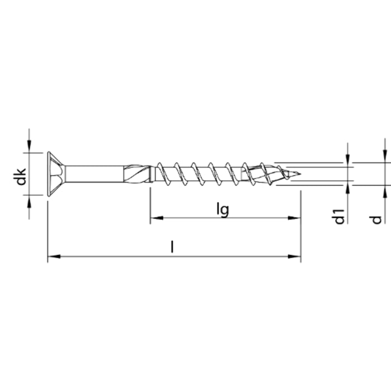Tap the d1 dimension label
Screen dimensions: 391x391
pos(338,216)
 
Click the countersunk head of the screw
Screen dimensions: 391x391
pos(56,174)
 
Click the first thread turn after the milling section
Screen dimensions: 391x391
pos(163,174)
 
